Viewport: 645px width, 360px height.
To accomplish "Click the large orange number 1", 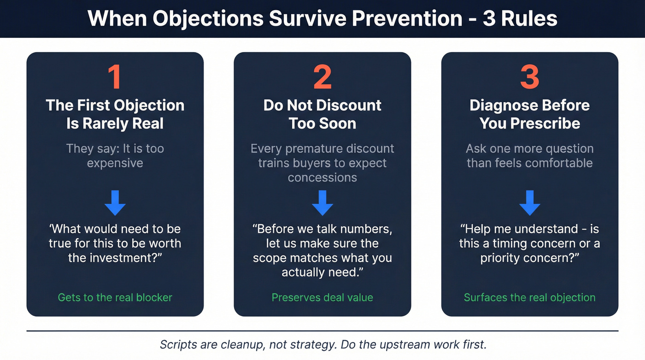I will pyautogui.click(x=115, y=77).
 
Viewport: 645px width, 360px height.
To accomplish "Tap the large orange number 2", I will pyautogui.click(x=322, y=77).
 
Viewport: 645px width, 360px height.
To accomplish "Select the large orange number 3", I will pyautogui.click(x=529, y=77).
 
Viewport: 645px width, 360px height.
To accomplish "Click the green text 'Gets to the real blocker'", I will pyautogui.click(x=115, y=297).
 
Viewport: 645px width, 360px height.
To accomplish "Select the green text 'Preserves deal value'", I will pyautogui.click(x=322, y=297).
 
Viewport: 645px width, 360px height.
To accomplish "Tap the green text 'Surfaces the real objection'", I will pyautogui.click(x=529, y=297).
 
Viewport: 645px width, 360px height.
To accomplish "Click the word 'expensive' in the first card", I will pyautogui.click(x=115, y=163).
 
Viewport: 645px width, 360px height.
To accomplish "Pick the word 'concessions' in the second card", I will pyautogui.click(x=322, y=177).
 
